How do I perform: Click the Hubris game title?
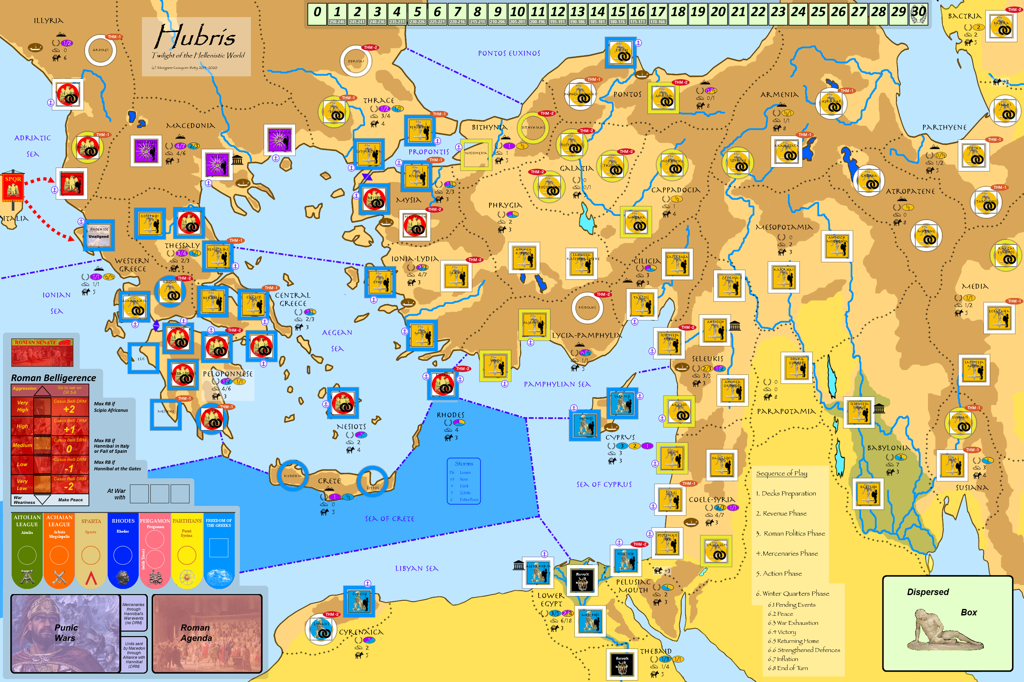click(x=195, y=37)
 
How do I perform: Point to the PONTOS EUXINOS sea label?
click(x=509, y=53)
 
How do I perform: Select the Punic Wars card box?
click(x=65, y=633)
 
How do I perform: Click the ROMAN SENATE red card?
click(x=42, y=352)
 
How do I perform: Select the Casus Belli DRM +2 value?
click(x=69, y=409)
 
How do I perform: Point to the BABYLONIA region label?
click(x=888, y=448)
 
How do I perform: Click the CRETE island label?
click(x=329, y=481)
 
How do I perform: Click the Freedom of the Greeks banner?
click(x=219, y=550)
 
